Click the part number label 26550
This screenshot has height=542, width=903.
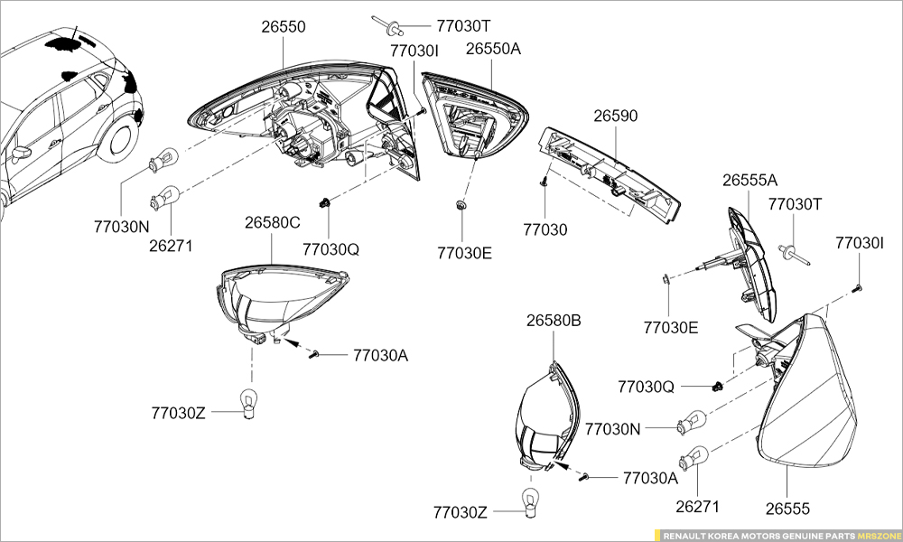point(284,27)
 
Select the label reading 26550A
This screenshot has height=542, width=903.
point(493,49)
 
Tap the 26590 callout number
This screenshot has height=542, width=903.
point(616,117)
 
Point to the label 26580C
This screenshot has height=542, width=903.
point(273,222)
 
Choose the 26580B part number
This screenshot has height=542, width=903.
point(554,321)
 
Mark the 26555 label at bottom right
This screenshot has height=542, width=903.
point(788,509)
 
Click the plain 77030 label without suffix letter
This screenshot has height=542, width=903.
point(545,229)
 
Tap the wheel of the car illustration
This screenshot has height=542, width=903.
point(117,143)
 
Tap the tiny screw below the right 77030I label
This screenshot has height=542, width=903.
point(857,288)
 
